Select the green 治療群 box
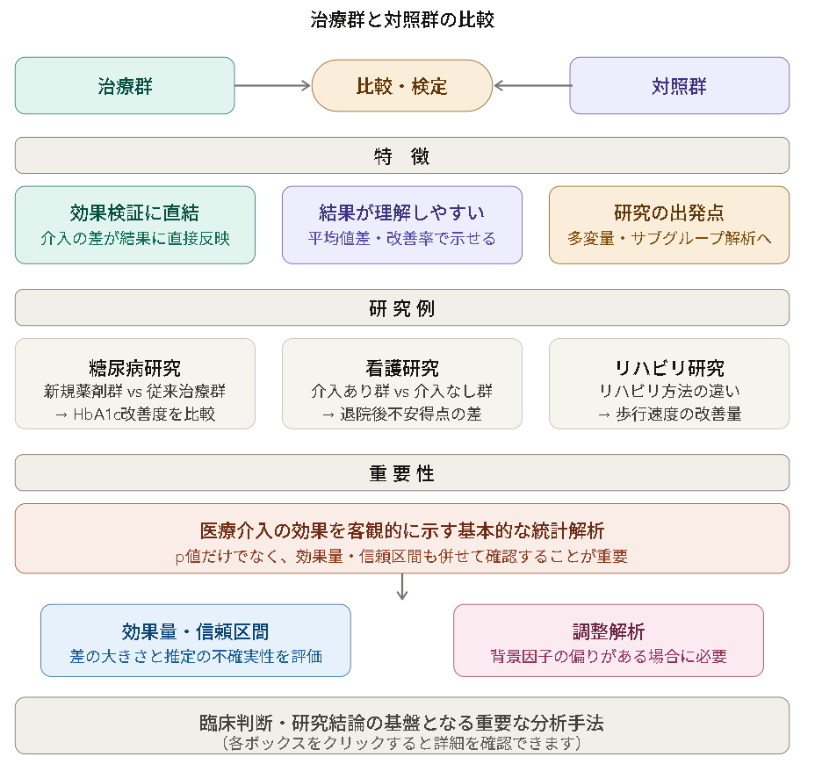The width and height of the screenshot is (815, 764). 125,86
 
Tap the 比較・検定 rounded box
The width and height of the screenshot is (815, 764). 402,86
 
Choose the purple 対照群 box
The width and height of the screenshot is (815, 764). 679,86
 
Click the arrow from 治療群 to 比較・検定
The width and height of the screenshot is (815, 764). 273,86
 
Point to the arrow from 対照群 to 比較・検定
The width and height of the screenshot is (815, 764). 532,86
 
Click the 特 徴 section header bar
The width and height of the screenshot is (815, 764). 402,156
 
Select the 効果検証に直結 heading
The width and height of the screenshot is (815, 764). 135,213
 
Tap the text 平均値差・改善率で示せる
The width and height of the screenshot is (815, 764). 402,238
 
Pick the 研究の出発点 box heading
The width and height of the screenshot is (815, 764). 669,213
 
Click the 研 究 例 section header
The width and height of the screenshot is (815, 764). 402,308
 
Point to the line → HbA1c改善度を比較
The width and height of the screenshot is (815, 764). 135,414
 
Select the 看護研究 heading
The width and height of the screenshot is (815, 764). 402,368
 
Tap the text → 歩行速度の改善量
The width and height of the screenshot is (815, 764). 669,414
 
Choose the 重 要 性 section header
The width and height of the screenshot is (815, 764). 402,473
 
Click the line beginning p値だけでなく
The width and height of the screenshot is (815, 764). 402,556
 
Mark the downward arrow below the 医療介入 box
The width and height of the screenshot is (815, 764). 402,587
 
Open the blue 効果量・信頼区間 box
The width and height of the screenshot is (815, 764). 196,640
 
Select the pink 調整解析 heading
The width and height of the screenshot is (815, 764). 609,631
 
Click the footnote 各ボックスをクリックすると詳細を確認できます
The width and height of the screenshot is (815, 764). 402,744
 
